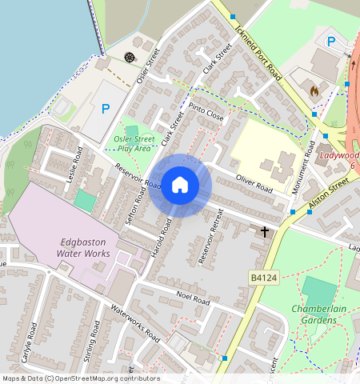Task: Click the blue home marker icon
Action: (180, 186)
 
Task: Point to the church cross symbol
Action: (265, 232)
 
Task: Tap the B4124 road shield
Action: (262, 277)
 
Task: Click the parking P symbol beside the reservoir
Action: (106, 109)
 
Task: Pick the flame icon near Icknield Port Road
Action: (314, 92)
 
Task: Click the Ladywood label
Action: (339, 155)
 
